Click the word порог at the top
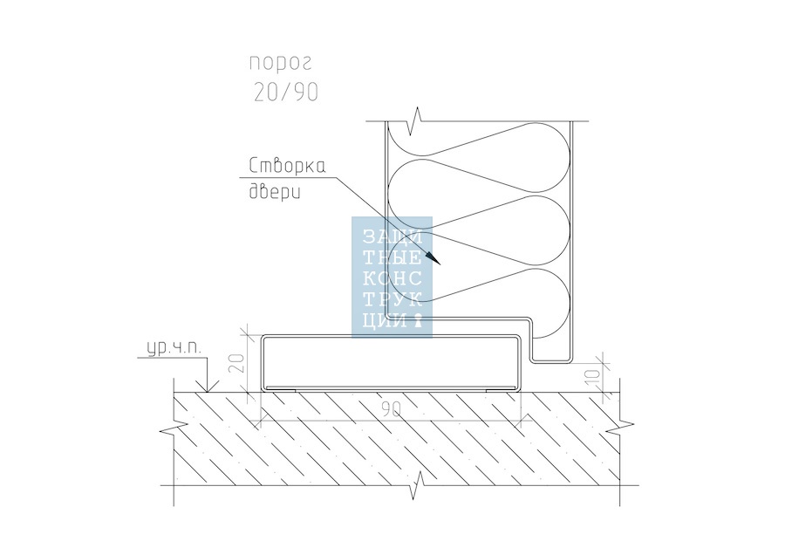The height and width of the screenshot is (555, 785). pyautogui.click(x=280, y=63)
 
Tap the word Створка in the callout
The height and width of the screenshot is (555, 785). pyautogui.click(x=288, y=166)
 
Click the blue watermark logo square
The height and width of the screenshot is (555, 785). pyautogui.click(x=392, y=276)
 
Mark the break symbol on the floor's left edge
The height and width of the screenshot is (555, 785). pyautogui.click(x=170, y=430)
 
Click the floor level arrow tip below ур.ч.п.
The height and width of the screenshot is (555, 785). pyautogui.click(x=205, y=390)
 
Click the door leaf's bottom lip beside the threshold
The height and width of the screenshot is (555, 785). pyautogui.click(x=549, y=360)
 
